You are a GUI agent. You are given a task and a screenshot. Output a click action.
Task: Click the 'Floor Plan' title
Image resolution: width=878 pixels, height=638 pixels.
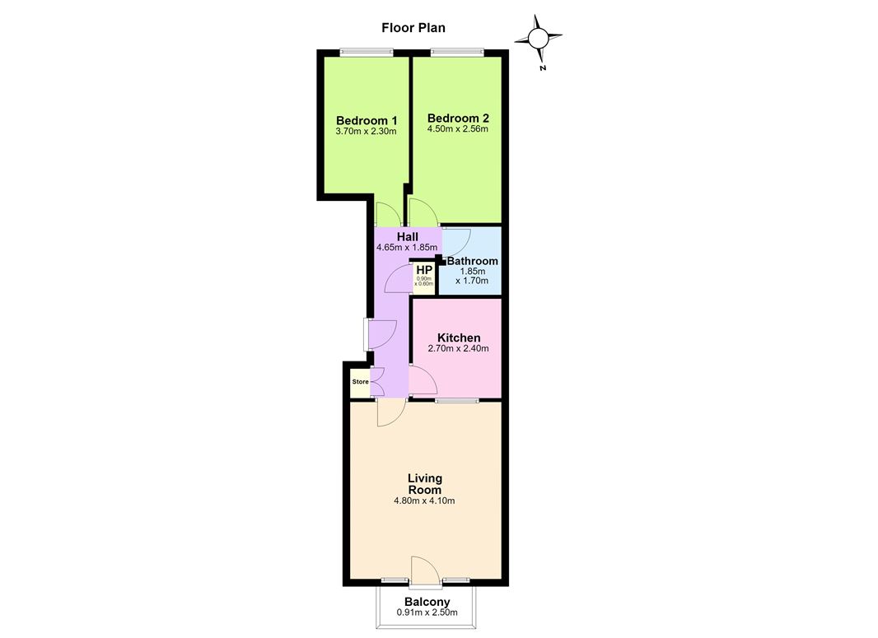tap(413, 28)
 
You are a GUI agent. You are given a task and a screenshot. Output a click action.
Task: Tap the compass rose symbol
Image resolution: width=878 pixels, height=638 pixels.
tap(538, 38)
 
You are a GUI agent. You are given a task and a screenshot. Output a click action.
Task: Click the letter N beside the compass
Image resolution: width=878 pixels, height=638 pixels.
tap(543, 68)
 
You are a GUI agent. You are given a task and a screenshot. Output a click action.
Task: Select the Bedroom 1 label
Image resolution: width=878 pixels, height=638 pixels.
tap(367, 120)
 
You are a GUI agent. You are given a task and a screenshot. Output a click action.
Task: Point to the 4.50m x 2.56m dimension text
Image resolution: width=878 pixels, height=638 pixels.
tap(457, 128)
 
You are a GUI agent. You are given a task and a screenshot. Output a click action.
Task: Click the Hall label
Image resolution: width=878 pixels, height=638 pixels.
tap(407, 237)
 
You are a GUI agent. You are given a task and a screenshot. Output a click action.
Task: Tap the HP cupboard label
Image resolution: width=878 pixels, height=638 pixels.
tap(424, 270)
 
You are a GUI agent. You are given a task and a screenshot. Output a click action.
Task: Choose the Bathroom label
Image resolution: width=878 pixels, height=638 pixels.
tap(473, 261)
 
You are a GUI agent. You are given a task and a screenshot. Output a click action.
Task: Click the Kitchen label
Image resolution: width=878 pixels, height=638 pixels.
tap(459, 338)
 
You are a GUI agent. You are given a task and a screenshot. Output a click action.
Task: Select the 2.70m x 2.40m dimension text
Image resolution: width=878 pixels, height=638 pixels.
tap(458, 348)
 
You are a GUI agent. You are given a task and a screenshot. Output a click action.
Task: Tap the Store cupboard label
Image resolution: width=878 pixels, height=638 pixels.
tap(361, 382)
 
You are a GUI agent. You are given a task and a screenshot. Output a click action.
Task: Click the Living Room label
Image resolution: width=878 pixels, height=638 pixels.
tap(424, 484)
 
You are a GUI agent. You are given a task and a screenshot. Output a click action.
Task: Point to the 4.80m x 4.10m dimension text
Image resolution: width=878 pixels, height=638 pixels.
tap(424, 501)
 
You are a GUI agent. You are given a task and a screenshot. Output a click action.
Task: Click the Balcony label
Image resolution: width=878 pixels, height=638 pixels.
tap(427, 602)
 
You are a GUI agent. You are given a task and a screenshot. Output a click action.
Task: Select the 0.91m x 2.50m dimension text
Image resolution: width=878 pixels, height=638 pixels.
tap(427, 612)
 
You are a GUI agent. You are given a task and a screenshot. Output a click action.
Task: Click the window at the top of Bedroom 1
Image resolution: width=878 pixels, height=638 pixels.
tap(367, 53)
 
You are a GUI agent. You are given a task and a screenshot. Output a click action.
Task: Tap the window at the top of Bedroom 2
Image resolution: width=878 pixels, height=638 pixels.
tap(457, 53)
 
